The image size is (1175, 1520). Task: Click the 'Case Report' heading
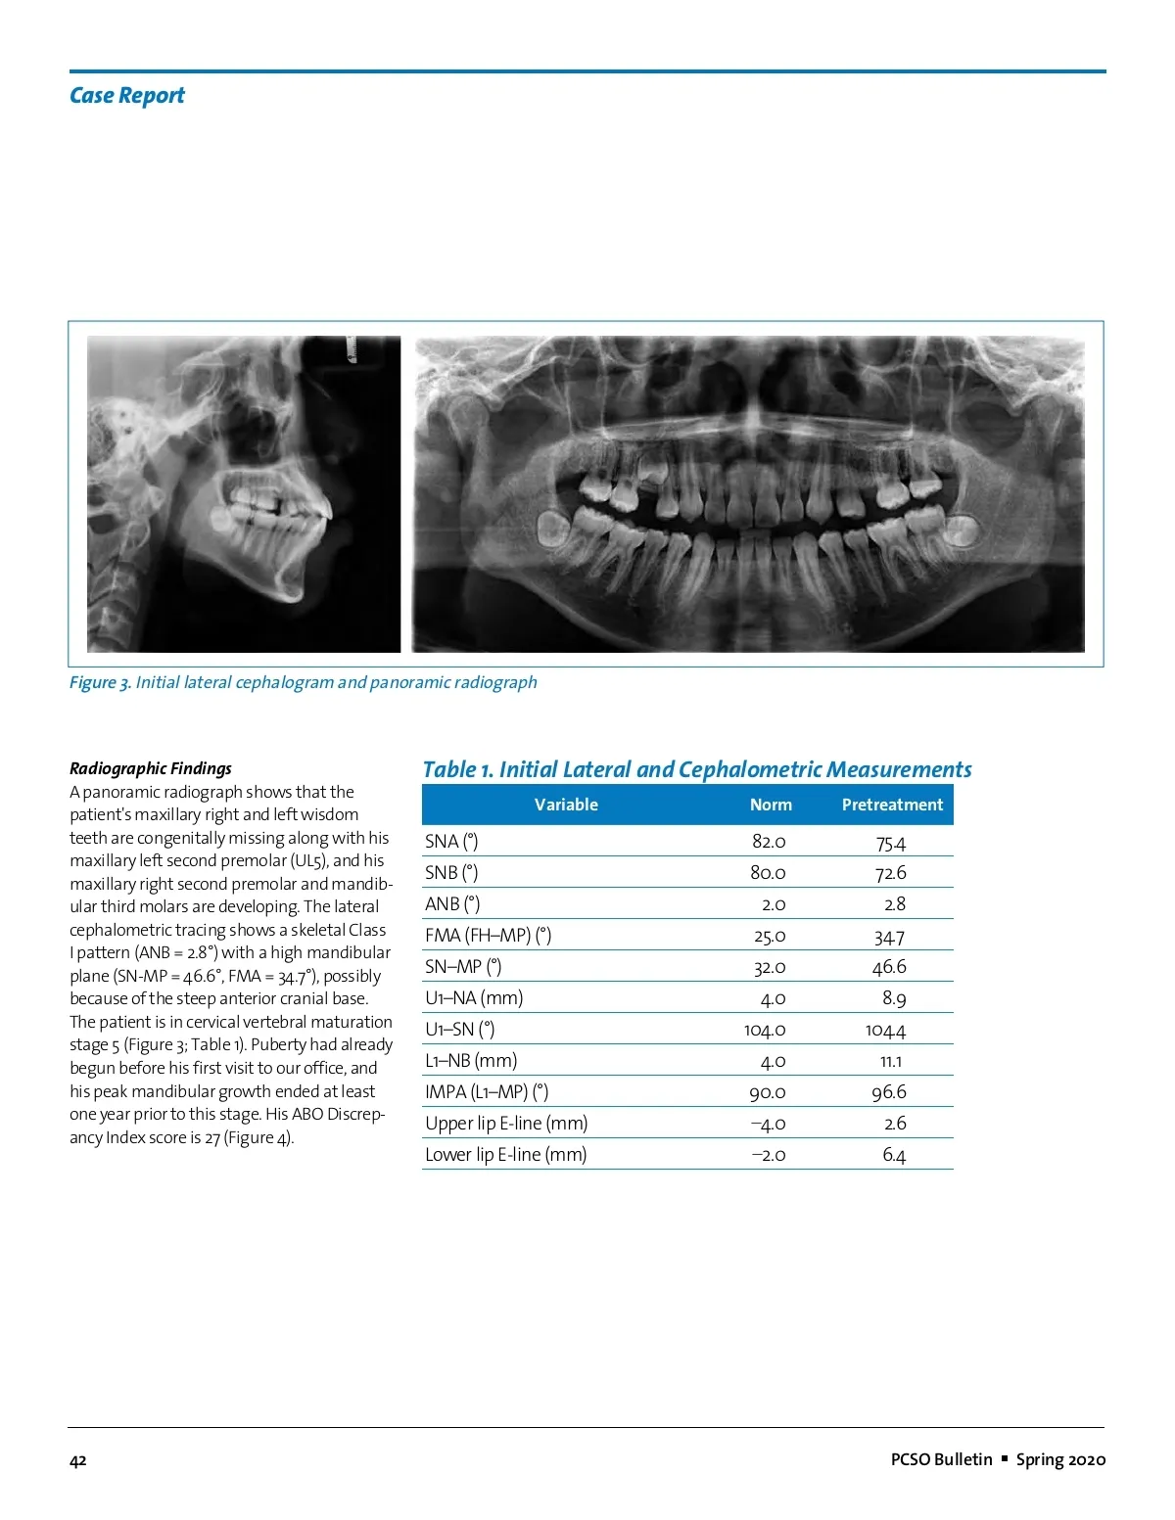126,96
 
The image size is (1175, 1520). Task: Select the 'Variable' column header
566,805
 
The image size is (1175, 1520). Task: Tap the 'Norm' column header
771,805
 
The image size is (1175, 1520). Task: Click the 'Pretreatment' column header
892,805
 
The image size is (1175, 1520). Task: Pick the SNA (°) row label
451,842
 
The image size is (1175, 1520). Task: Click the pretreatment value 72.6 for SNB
890,873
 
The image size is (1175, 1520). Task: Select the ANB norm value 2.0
773,904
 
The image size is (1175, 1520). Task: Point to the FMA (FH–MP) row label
488,936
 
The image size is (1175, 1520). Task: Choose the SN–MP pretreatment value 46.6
889,967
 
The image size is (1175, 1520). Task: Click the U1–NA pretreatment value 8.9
893,998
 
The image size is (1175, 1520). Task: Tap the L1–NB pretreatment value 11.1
891,1061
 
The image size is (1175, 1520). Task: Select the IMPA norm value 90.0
768,1092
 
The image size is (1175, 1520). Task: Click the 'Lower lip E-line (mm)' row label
505,1155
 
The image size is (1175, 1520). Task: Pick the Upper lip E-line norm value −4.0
768,1124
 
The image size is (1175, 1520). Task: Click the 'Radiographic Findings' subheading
151,768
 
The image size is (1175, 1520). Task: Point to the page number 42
78,1460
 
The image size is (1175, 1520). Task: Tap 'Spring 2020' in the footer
1060,1459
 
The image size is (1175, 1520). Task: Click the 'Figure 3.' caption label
99,682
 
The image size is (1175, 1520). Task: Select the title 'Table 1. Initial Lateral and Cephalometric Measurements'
696,769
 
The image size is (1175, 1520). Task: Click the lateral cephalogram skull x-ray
244,494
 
